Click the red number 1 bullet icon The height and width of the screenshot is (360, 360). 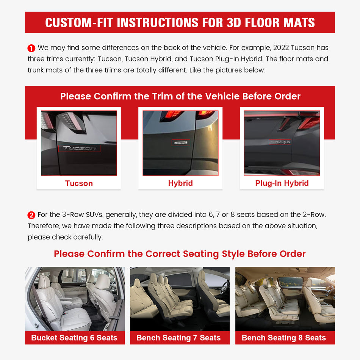(x=31, y=48)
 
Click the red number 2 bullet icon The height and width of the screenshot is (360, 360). (x=31, y=215)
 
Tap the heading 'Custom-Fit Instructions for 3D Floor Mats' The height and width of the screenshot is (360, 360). (x=180, y=22)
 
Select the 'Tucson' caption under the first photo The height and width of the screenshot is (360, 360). (x=79, y=183)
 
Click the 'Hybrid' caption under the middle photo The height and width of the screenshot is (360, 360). (x=180, y=183)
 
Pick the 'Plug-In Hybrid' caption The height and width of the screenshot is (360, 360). (x=282, y=183)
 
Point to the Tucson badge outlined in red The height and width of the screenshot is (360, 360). (x=80, y=148)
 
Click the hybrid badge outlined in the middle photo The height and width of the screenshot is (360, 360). (x=180, y=143)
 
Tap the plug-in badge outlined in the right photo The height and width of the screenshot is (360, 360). (x=280, y=142)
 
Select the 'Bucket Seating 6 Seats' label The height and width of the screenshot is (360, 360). (x=75, y=338)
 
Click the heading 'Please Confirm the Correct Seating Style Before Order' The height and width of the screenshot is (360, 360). (x=180, y=254)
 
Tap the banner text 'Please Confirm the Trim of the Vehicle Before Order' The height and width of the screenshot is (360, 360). (x=180, y=96)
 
